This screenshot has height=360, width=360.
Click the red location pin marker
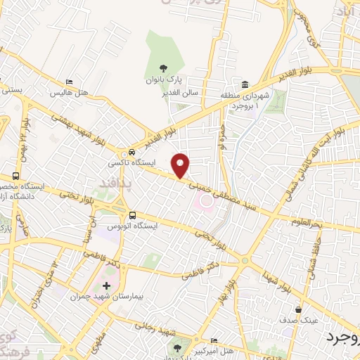click(181, 165)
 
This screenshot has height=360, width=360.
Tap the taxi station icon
click(131, 153)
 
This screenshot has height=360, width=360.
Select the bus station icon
click(132, 215)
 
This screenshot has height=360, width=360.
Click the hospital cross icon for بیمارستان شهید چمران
click(106, 285)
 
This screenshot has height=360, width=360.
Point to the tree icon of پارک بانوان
click(163, 68)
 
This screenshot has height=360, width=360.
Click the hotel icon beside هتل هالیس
click(68, 82)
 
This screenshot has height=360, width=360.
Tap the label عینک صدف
click(300, 320)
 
